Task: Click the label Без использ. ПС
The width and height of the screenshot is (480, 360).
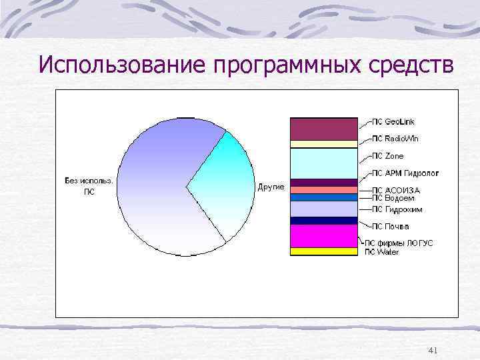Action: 89,186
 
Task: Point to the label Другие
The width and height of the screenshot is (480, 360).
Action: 271,187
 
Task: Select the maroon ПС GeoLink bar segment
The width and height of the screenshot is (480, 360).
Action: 323,129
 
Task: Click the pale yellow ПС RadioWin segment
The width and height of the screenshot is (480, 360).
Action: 323,143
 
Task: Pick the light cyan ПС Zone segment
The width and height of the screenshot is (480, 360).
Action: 323,163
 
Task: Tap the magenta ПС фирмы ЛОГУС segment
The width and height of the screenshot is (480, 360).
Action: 323,236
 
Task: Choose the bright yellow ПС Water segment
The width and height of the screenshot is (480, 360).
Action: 323,251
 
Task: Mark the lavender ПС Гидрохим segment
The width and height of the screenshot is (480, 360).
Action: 323,209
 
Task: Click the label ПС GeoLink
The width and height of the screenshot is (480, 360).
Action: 393,122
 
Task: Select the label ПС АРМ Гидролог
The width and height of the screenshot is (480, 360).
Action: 405,173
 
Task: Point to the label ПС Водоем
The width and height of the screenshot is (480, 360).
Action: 393,198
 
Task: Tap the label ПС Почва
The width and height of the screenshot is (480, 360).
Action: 390,227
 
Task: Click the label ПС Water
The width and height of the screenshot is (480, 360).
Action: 381,252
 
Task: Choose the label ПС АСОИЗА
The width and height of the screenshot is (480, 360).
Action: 395,190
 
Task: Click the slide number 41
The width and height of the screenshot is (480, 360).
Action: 432,350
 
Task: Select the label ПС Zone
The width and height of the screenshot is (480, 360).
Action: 387,156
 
